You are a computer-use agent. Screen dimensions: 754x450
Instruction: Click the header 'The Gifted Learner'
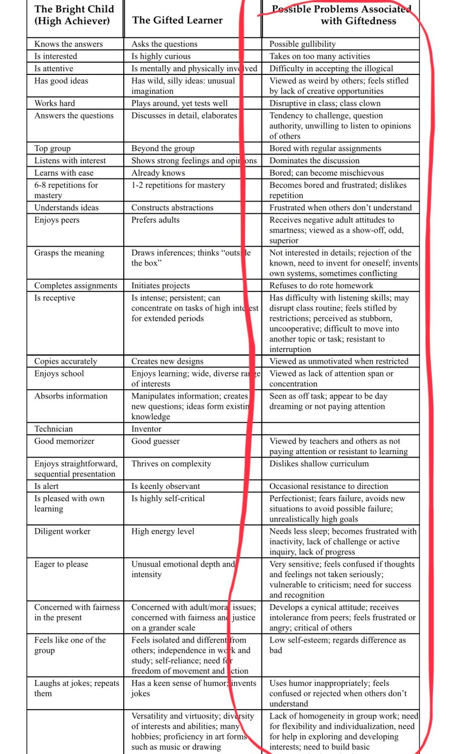pyautogui.click(x=177, y=20)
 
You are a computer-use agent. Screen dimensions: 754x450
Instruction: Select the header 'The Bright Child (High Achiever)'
pyautogui.click(x=74, y=15)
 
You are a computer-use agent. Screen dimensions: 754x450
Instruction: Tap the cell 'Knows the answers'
pyautogui.click(x=69, y=44)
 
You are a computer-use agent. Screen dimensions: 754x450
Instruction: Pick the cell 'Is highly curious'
pyautogui.click(x=161, y=56)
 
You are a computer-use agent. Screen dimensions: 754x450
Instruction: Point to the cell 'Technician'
pyautogui.click(x=54, y=428)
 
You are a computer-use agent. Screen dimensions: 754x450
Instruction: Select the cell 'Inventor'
pyautogui.click(x=146, y=428)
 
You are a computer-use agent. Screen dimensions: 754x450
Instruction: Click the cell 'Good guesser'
pyautogui.click(x=156, y=441)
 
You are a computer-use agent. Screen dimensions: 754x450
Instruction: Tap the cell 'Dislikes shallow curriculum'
pyautogui.click(x=319, y=464)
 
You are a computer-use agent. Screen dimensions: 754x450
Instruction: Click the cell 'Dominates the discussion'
pyautogui.click(x=314, y=161)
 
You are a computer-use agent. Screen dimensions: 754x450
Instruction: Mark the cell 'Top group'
pyautogui.click(x=52, y=148)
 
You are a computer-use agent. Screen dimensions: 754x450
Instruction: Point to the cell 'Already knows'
pyautogui.click(x=158, y=173)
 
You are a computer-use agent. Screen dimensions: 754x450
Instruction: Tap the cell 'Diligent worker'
pyautogui.click(x=63, y=531)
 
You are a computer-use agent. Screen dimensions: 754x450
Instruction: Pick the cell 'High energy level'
pyautogui.click(x=163, y=531)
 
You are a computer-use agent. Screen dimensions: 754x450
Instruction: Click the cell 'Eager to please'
pyautogui.click(x=61, y=564)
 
